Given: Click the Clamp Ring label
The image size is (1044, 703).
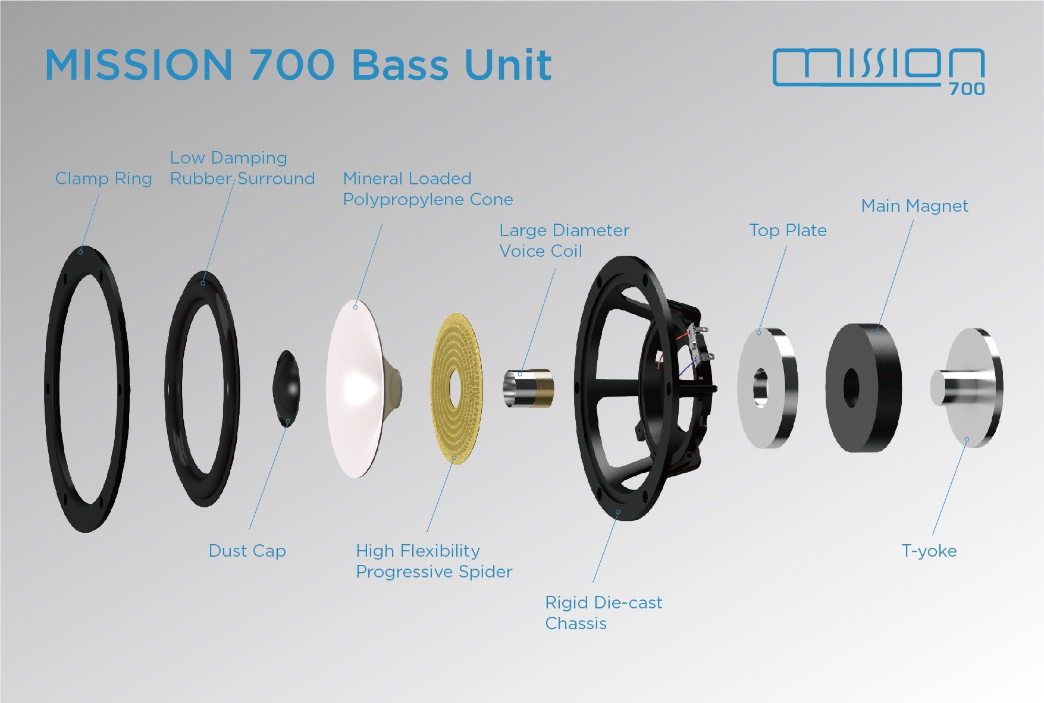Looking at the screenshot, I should tap(104, 178).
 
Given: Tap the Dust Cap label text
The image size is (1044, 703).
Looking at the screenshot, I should tap(247, 551).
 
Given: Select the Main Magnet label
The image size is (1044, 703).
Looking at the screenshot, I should tap(914, 206).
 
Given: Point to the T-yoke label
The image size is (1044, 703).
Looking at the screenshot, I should tap(929, 551).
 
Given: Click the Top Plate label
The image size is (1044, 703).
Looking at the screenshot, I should tap(788, 230).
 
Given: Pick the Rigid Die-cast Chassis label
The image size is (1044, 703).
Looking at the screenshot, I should tap(603, 613).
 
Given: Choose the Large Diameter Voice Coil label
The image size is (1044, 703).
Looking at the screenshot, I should tap(563, 240).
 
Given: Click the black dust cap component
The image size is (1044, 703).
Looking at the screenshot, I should tap(286, 388).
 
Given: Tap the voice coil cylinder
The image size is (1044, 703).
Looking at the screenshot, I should tap(529, 388).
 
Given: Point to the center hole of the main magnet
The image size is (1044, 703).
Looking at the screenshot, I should tap(851, 388).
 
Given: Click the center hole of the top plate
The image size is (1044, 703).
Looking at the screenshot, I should tap(760, 388).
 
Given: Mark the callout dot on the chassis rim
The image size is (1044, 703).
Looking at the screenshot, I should tap(618, 511).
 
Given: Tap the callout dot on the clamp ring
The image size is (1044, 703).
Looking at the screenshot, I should tap(81, 252).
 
